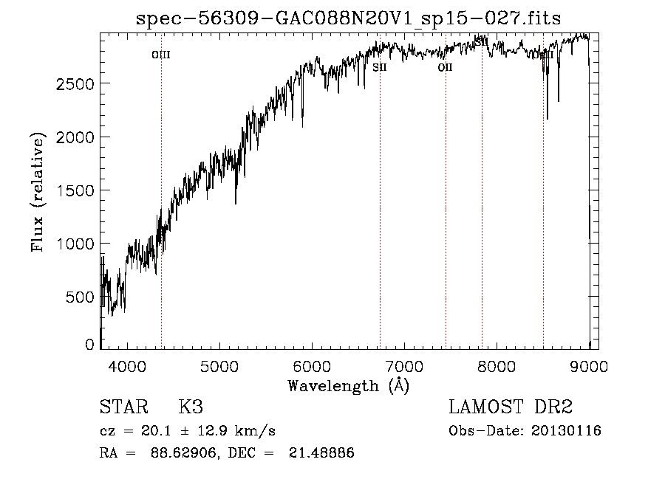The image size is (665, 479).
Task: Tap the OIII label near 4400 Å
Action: pyautogui.click(x=160, y=55)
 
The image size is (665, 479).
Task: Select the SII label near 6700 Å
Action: pyautogui.click(x=380, y=67)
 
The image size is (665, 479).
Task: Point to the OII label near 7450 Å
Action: pyautogui.click(x=445, y=67)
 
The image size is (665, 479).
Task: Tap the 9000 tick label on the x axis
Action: pyautogui.click(x=588, y=365)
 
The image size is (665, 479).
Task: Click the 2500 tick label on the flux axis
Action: pyautogui.click(x=75, y=84)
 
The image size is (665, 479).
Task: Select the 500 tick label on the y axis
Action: pyautogui.click(x=81, y=297)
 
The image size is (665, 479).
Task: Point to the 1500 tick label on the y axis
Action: pyautogui.click(x=75, y=190)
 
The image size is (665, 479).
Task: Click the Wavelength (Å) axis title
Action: pyautogui.click(x=348, y=385)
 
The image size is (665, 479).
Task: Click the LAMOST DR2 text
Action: pyautogui.click(x=511, y=407)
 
